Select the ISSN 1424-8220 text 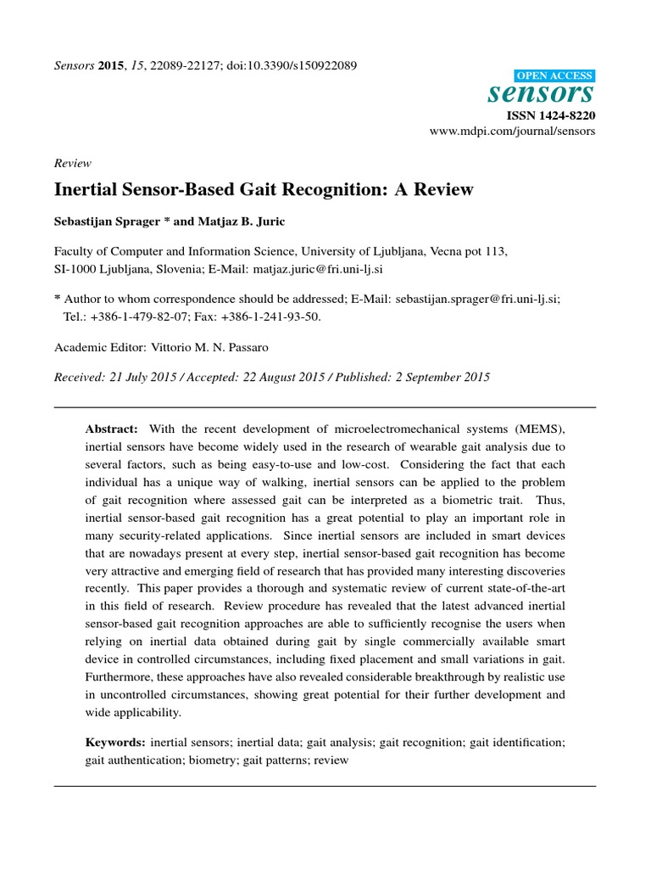tap(551, 115)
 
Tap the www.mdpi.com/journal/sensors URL tap(526, 132)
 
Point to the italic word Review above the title tap(72, 164)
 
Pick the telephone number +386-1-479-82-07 tap(131, 316)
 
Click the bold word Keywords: tap(114, 743)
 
